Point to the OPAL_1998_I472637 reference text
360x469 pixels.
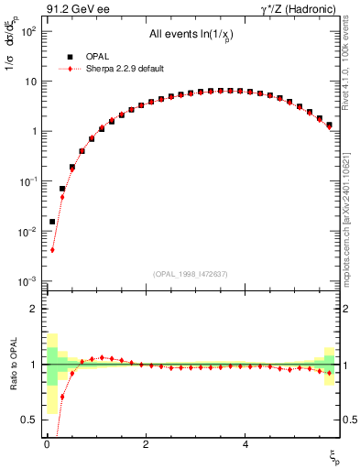click(191, 274)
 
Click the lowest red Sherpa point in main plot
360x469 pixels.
click(52, 250)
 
